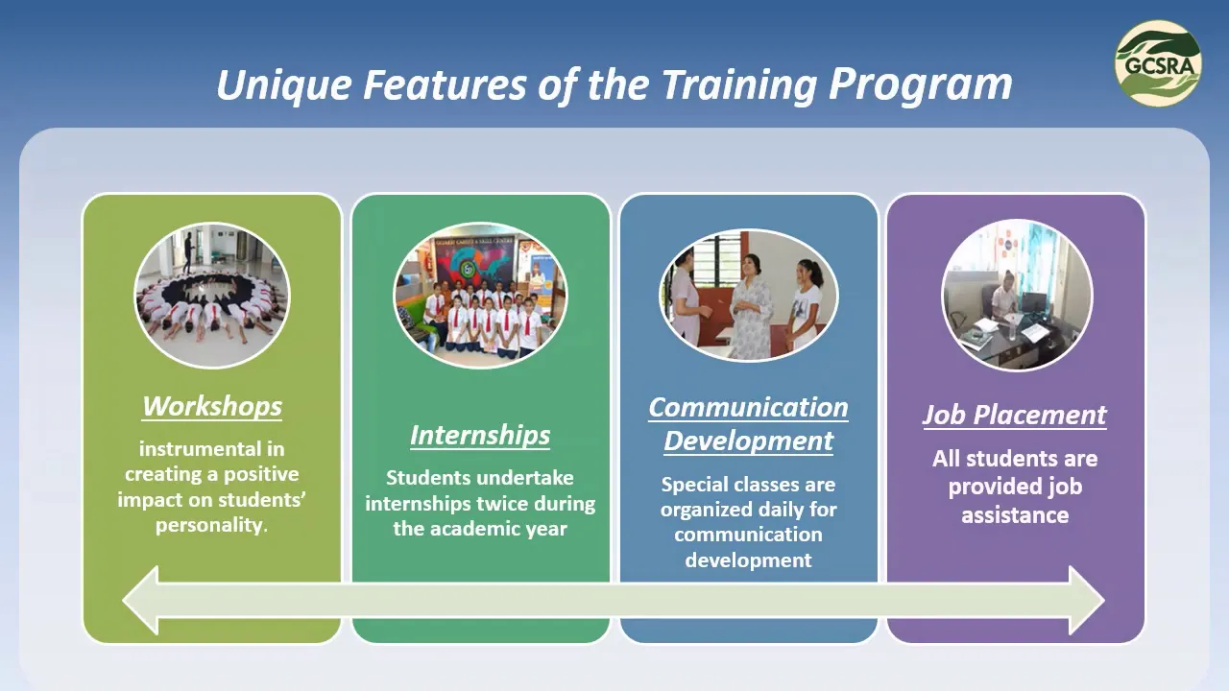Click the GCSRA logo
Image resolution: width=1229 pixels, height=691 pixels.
click(1158, 63)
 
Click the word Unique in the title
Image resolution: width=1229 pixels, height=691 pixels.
click(284, 85)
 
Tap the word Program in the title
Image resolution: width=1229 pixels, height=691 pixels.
click(920, 85)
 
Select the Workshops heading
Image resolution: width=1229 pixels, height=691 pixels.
click(212, 406)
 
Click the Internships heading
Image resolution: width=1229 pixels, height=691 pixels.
click(480, 436)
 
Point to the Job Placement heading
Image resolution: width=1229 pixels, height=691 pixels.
click(1015, 415)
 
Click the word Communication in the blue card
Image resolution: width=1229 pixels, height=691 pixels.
click(748, 408)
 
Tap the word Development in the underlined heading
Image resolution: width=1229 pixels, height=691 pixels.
click(748, 441)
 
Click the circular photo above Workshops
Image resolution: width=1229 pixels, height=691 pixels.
click(212, 296)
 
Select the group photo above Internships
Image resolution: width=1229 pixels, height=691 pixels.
click(481, 295)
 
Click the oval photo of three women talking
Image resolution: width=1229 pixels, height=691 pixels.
click(748, 295)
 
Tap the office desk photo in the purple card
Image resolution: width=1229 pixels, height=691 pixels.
click(1017, 296)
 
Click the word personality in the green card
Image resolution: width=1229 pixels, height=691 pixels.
click(209, 525)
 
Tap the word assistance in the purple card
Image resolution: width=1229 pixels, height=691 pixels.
click(1015, 515)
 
